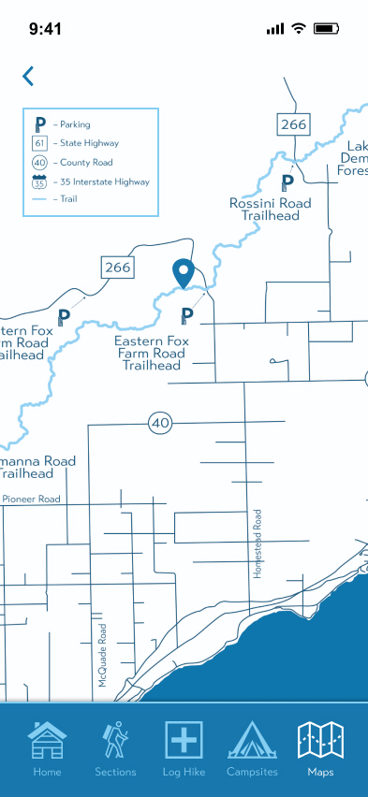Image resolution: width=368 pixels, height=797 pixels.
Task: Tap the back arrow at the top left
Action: [x=28, y=76]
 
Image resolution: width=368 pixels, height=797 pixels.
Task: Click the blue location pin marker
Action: [x=184, y=273]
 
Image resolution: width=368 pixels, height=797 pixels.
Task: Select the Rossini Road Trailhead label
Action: [x=271, y=210]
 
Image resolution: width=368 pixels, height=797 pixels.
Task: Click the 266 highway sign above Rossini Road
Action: [x=292, y=123]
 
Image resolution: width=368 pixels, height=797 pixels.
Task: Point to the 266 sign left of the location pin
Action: [x=118, y=268]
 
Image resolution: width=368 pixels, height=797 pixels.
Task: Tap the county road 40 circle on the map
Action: [x=160, y=423]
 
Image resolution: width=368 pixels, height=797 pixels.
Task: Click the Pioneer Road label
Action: [x=31, y=500]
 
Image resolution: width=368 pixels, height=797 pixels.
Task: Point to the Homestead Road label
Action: [x=258, y=543]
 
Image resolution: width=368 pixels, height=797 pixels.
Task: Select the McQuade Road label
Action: [x=103, y=656]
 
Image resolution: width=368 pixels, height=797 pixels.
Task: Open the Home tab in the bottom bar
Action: [x=47, y=748]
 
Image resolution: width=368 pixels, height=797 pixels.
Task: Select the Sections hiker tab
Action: [x=115, y=748]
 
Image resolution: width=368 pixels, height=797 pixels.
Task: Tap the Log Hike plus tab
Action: [x=184, y=748]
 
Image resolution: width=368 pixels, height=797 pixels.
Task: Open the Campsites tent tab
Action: [x=252, y=748]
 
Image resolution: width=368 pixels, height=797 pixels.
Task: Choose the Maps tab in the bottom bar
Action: [x=320, y=748]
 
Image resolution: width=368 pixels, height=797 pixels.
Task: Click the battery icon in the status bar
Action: [x=327, y=29]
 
